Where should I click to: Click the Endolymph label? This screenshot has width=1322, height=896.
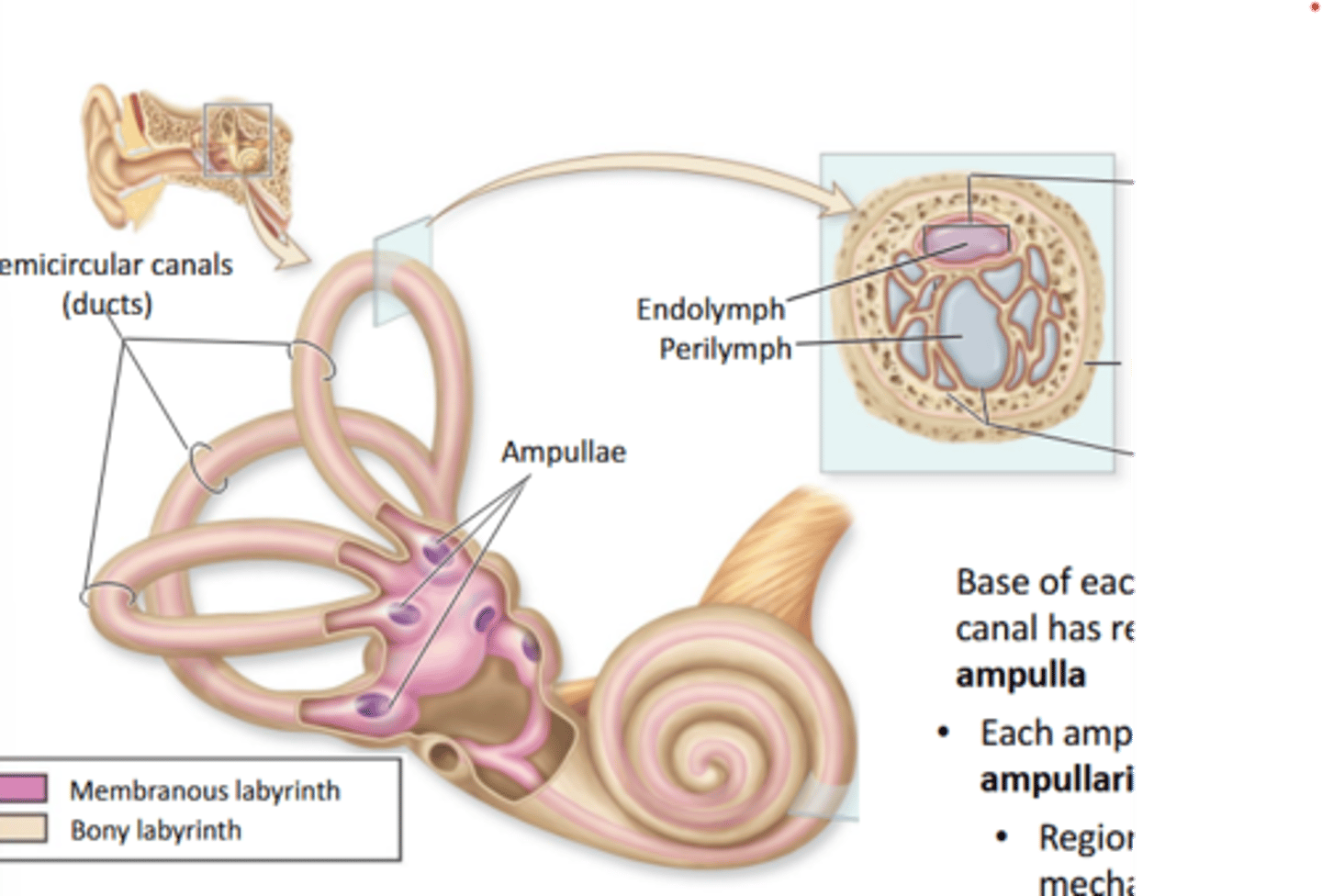711,308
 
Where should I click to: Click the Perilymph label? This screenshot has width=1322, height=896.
725,349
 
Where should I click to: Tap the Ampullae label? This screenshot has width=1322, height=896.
563,452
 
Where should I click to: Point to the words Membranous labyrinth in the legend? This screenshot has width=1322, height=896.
204,790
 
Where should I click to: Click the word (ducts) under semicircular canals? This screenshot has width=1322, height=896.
106,304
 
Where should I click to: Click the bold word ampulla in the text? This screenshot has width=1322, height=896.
1020,675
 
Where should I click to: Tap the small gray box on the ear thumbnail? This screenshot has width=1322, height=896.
238,140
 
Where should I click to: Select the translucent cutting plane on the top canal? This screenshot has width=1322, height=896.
401,271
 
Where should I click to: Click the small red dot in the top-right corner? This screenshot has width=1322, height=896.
1314,7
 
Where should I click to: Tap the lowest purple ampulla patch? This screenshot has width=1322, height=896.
373,705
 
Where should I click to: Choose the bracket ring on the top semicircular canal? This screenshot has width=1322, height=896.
311,360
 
